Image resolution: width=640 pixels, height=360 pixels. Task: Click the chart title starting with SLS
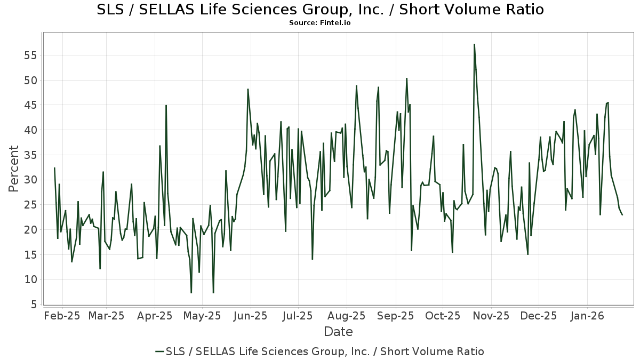pyautogui.click(x=320, y=10)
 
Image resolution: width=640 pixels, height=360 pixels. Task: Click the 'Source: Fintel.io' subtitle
pyautogui.click(x=320, y=23)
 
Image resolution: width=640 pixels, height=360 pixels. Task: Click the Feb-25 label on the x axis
pyautogui.click(x=62, y=316)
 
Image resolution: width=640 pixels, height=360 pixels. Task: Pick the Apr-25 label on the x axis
pyautogui.click(x=155, y=316)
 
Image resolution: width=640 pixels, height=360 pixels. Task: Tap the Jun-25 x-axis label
pyautogui.click(x=250, y=316)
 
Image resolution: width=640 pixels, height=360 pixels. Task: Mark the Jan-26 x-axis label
pyautogui.click(x=587, y=316)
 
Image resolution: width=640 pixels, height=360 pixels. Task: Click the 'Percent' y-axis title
pyautogui.click(x=14, y=169)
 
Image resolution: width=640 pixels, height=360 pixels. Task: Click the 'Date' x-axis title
pyautogui.click(x=338, y=332)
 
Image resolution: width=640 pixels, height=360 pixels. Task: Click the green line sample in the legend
pyautogui.click(x=159, y=351)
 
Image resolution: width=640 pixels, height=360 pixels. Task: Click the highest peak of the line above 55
pyautogui.click(x=474, y=44)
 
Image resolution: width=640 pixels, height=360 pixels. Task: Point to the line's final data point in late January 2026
pyautogui.click(x=622, y=214)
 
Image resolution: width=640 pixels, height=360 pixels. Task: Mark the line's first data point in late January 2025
pyautogui.click(x=54, y=168)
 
